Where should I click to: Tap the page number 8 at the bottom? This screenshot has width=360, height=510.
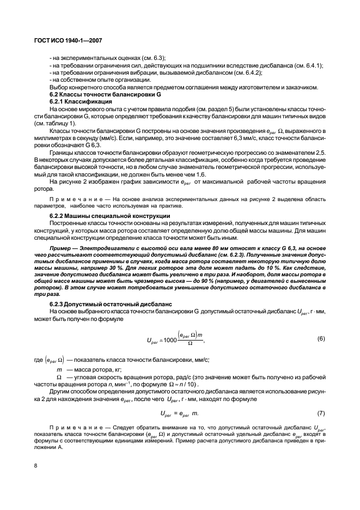click(x=35, y=465)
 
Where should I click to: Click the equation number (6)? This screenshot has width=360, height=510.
click(x=321, y=338)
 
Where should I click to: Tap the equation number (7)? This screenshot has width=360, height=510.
click(x=321, y=414)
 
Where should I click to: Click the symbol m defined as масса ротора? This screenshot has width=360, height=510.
click(x=59, y=369)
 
